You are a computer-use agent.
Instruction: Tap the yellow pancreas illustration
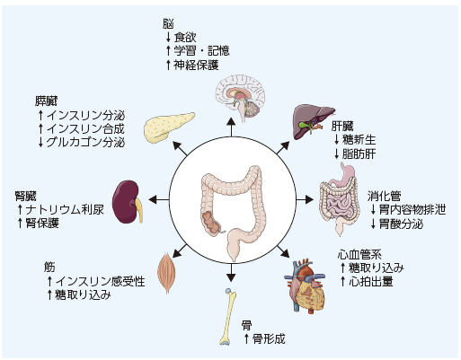[168, 128]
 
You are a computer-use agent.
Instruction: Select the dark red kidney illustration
[127, 201]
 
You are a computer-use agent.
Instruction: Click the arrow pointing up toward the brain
[231, 127]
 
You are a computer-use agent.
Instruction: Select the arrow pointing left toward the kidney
[159, 199]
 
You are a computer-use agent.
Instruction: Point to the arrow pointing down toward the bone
[231, 273]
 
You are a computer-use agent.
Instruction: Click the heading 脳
[168, 24]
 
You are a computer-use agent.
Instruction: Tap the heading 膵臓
[46, 101]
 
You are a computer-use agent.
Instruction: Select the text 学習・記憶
[202, 50]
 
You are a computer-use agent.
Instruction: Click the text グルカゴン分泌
[85, 142]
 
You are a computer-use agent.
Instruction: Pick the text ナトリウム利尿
[65, 209]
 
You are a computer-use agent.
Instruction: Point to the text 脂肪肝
[359, 154]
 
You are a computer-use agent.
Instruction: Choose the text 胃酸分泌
[401, 224]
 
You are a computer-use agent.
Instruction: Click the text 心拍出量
[371, 281]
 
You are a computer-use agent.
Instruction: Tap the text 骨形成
[269, 338]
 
